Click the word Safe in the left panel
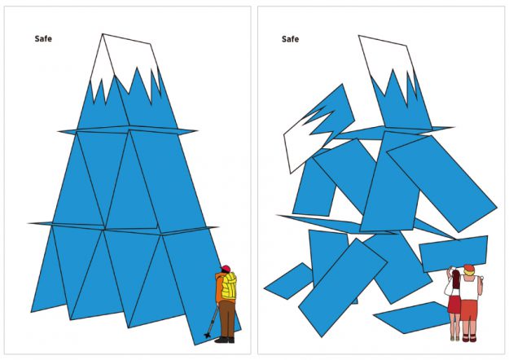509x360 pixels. [x=43, y=38]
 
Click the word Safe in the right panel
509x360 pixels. [x=290, y=39]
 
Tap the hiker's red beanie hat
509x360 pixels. [x=226, y=269]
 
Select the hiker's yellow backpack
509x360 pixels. [x=229, y=286]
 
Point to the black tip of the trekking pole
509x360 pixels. [x=208, y=335]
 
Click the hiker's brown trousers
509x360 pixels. [x=227, y=318]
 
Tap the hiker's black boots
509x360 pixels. [x=225, y=340]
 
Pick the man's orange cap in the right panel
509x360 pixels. [x=469, y=268]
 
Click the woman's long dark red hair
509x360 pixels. [x=456, y=279]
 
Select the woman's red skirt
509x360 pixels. [x=454, y=304]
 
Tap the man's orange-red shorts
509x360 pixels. [x=469, y=310]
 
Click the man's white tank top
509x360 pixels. [x=469, y=288]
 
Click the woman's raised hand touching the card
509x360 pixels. [x=450, y=269]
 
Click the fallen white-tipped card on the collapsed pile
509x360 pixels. [x=318, y=129]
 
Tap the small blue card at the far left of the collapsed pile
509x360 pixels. [x=288, y=281]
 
